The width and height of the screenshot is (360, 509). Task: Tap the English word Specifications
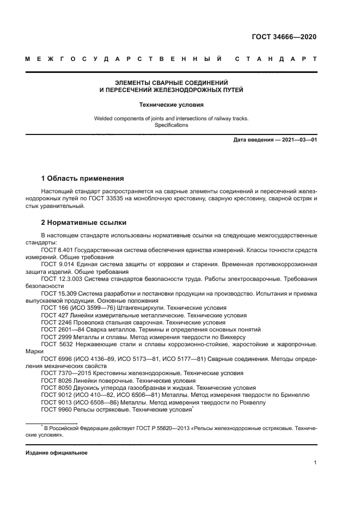pyautogui.click(x=171, y=125)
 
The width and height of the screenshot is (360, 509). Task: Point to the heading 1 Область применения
pyautogui.click(x=83, y=178)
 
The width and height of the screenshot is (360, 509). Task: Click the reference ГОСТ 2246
pyautogui.click(x=55, y=322)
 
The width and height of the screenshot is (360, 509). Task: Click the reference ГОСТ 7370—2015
pyautogui.click(x=64, y=373)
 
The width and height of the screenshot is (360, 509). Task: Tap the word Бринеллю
pyautogui.click(x=294, y=394)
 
